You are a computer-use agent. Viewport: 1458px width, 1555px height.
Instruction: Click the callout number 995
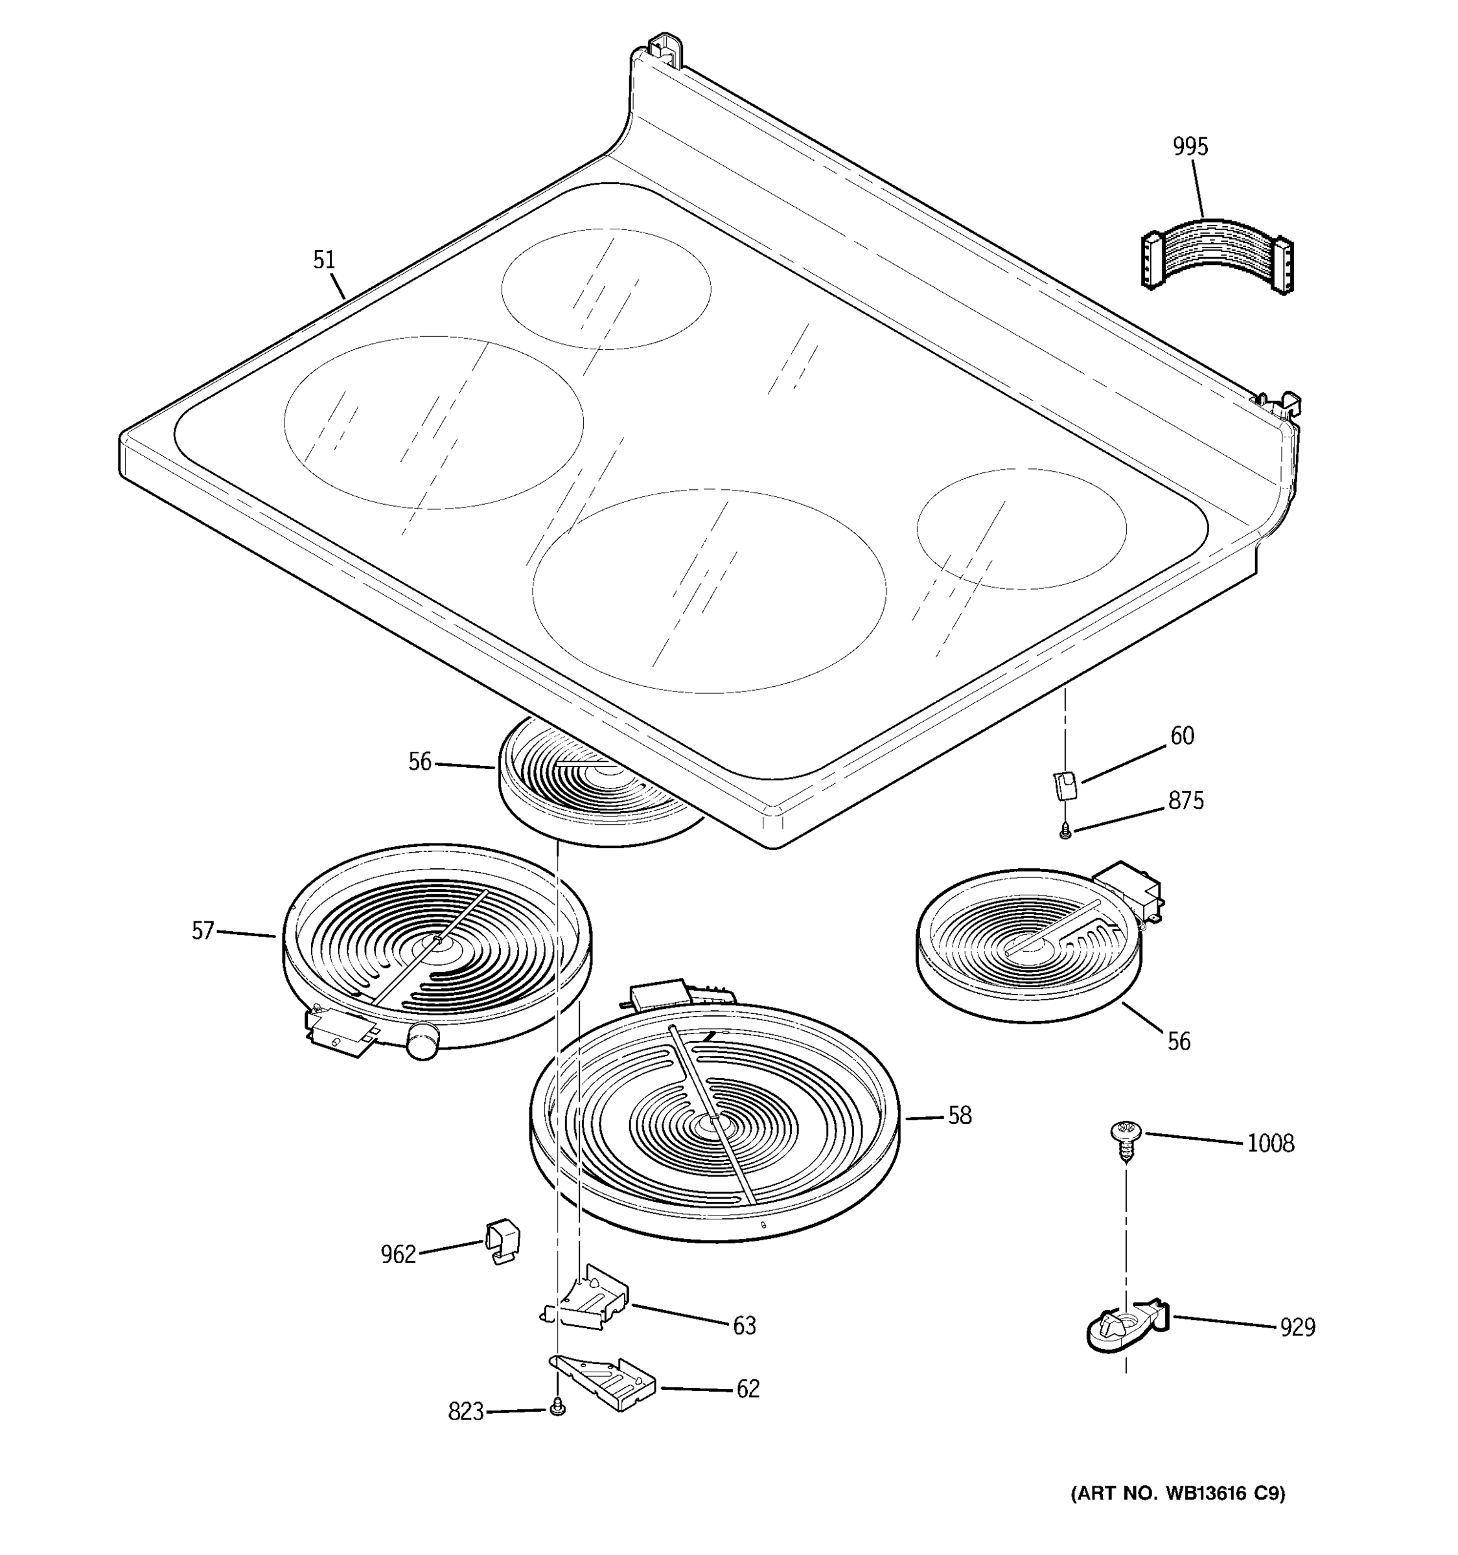pyautogui.click(x=1190, y=147)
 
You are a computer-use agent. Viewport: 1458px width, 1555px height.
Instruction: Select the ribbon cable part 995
pyautogui.click(x=1217, y=260)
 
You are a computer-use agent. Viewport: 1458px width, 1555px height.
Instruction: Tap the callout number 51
pyautogui.click(x=324, y=260)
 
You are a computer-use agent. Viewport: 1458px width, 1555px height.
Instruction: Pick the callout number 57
pyautogui.click(x=203, y=931)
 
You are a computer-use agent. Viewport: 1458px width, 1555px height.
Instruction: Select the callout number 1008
pyautogui.click(x=1270, y=1144)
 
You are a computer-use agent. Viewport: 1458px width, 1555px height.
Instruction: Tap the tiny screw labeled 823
pyautogui.click(x=557, y=1407)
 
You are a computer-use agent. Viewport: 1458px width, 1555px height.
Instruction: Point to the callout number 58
pyautogui.click(x=960, y=1116)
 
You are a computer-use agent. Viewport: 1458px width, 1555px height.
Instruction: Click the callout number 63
pyautogui.click(x=744, y=1326)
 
